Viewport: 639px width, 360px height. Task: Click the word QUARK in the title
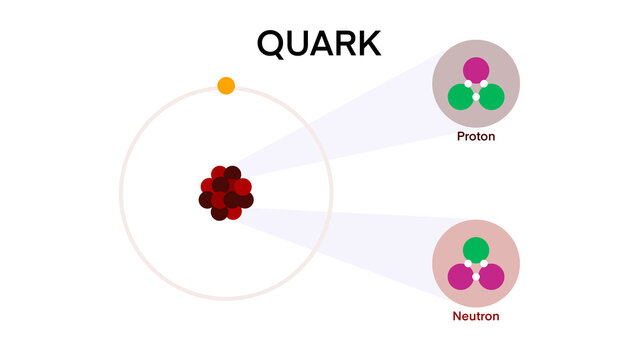319,43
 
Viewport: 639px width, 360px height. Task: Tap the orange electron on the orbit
226,85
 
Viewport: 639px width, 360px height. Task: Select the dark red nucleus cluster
226,193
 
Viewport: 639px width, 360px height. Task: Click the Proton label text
476,136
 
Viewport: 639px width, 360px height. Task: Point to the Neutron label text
476,316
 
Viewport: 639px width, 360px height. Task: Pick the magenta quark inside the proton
476,70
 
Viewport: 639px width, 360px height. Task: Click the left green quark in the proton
460,97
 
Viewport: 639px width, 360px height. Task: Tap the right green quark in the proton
492,97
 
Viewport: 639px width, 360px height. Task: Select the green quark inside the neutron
476,250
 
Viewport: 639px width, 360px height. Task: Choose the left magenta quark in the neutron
460,277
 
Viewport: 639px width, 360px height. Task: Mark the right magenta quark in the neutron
492,277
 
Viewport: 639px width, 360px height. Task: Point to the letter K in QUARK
367,43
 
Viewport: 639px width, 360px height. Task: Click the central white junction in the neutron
476,268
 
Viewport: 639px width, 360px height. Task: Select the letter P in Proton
460,136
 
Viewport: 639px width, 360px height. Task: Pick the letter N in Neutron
456,316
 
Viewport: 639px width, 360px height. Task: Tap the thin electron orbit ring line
121,193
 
